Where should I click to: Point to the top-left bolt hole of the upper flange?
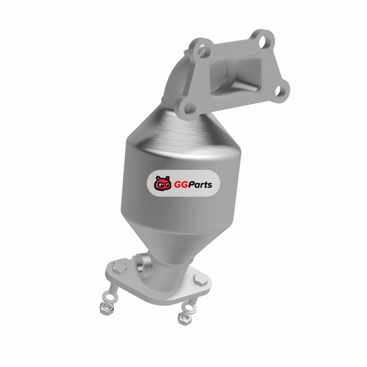click(203, 50)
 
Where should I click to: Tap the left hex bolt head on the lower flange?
click(119, 268)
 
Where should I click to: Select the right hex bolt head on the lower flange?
click(201, 279)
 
